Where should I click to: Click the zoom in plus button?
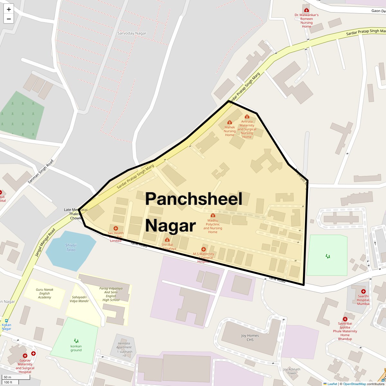tap(9, 9)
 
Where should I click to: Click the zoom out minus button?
tap(9, 19)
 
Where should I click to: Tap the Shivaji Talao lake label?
tap(71, 247)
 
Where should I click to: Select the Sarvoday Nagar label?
tap(132, 33)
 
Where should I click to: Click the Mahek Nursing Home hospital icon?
tap(229, 122)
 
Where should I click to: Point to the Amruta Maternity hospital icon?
tap(247, 116)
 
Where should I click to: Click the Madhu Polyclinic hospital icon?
tap(213, 216)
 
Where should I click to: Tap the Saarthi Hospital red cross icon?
tap(363, 291)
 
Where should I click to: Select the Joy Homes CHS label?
tap(250, 337)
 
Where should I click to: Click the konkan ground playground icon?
tap(76, 341)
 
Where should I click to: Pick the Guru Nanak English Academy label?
tap(44, 293)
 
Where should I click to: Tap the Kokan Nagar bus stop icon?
tap(6, 321)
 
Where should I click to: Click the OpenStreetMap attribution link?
tap(354, 384)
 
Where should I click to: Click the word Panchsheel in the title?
tap(193, 199)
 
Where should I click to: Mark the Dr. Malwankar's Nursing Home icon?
tap(306, 10)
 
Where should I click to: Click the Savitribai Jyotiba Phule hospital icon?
tap(345, 319)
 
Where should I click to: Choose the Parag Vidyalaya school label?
tap(111, 294)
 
